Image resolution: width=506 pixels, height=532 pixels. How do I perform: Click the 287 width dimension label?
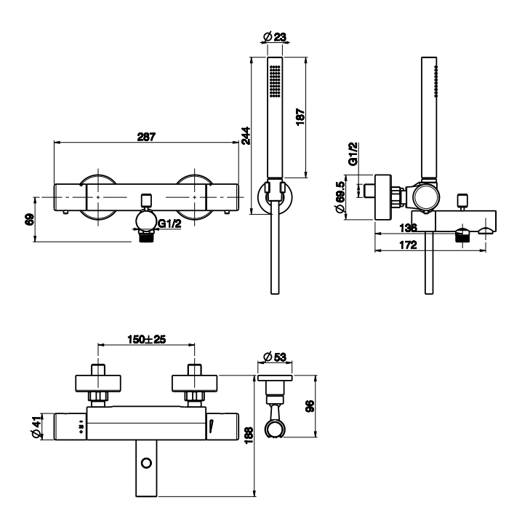tap(146, 137)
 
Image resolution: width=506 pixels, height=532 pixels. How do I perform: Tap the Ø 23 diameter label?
tap(275, 36)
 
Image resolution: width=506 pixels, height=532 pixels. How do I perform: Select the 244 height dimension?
tap(246, 135)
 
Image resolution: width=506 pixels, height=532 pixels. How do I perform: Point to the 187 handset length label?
tap(300, 116)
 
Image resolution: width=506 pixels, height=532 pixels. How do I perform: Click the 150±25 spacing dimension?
tap(146, 339)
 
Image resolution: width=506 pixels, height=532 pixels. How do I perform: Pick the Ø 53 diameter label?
tap(275, 357)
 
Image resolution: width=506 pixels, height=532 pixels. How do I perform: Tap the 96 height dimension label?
tap(310, 406)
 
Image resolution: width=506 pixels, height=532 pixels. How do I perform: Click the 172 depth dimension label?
tap(408, 245)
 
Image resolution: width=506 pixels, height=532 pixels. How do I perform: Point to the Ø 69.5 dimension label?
tap(340, 196)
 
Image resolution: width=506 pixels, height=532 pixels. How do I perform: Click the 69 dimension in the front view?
tap(30, 219)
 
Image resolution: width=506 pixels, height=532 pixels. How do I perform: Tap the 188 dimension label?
tap(249, 435)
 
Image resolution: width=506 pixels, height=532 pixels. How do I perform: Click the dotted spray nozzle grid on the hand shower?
tap(275, 82)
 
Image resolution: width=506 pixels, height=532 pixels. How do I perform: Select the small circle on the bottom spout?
tap(146, 463)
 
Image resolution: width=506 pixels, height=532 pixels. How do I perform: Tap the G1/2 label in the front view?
tap(170, 223)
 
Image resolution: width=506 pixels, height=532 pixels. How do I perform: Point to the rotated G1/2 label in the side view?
tap(353, 154)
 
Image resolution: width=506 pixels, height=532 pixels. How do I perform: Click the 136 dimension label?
tap(408, 228)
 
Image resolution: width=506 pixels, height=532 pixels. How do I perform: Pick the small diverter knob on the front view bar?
tap(146, 200)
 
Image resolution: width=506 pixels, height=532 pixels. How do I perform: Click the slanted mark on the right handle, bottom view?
tap(211, 426)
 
